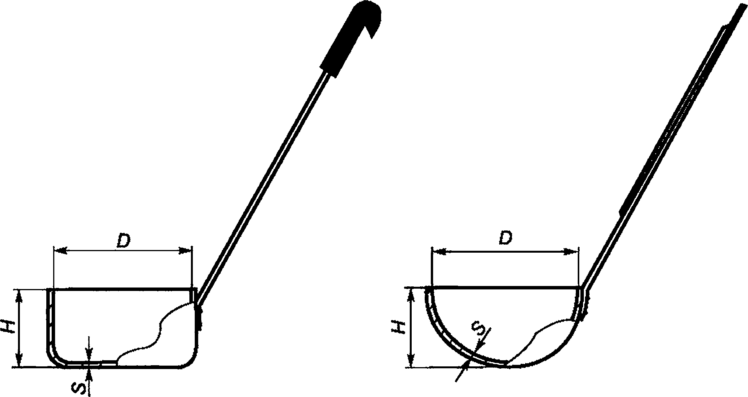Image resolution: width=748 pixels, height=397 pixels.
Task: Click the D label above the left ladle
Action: pyautogui.click(x=123, y=240)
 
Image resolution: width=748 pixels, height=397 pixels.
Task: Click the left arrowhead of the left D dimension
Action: pyautogui.click(x=60, y=250)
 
